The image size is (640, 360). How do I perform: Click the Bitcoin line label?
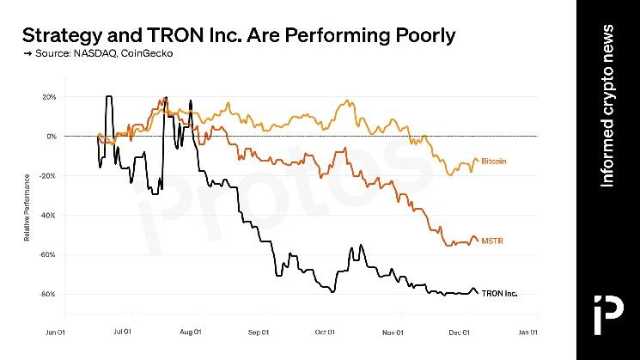[x=493, y=161]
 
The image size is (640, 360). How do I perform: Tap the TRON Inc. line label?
[x=499, y=293]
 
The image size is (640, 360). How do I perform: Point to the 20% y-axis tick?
[x=49, y=97]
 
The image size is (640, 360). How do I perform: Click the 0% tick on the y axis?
[x=51, y=137]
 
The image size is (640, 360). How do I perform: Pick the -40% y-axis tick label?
[x=48, y=215]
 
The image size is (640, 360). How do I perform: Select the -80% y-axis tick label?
[x=48, y=294]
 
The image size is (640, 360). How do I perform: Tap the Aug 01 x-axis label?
[x=191, y=331]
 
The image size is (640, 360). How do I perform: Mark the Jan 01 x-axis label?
[x=527, y=331]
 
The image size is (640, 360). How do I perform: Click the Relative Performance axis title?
[x=27, y=205]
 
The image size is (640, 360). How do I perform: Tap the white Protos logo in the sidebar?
[x=607, y=310]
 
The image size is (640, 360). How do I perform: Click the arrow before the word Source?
[x=27, y=54]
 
